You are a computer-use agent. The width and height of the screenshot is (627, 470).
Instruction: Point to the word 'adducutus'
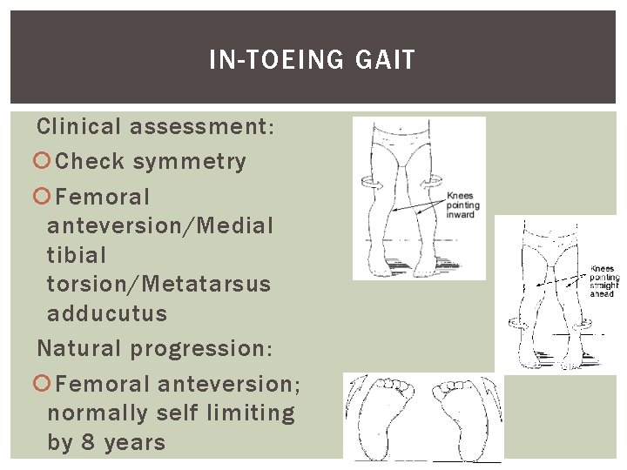[107, 313]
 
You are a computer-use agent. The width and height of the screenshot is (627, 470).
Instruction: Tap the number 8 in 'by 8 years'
[89, 442]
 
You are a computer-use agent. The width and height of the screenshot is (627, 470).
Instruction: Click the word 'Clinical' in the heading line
[78, 127]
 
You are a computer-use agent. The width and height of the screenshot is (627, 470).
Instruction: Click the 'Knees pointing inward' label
[461, 205]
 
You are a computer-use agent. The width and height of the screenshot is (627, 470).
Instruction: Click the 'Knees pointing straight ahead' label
[603, 281]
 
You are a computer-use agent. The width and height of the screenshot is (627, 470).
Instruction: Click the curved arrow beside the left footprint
[353, 409]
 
